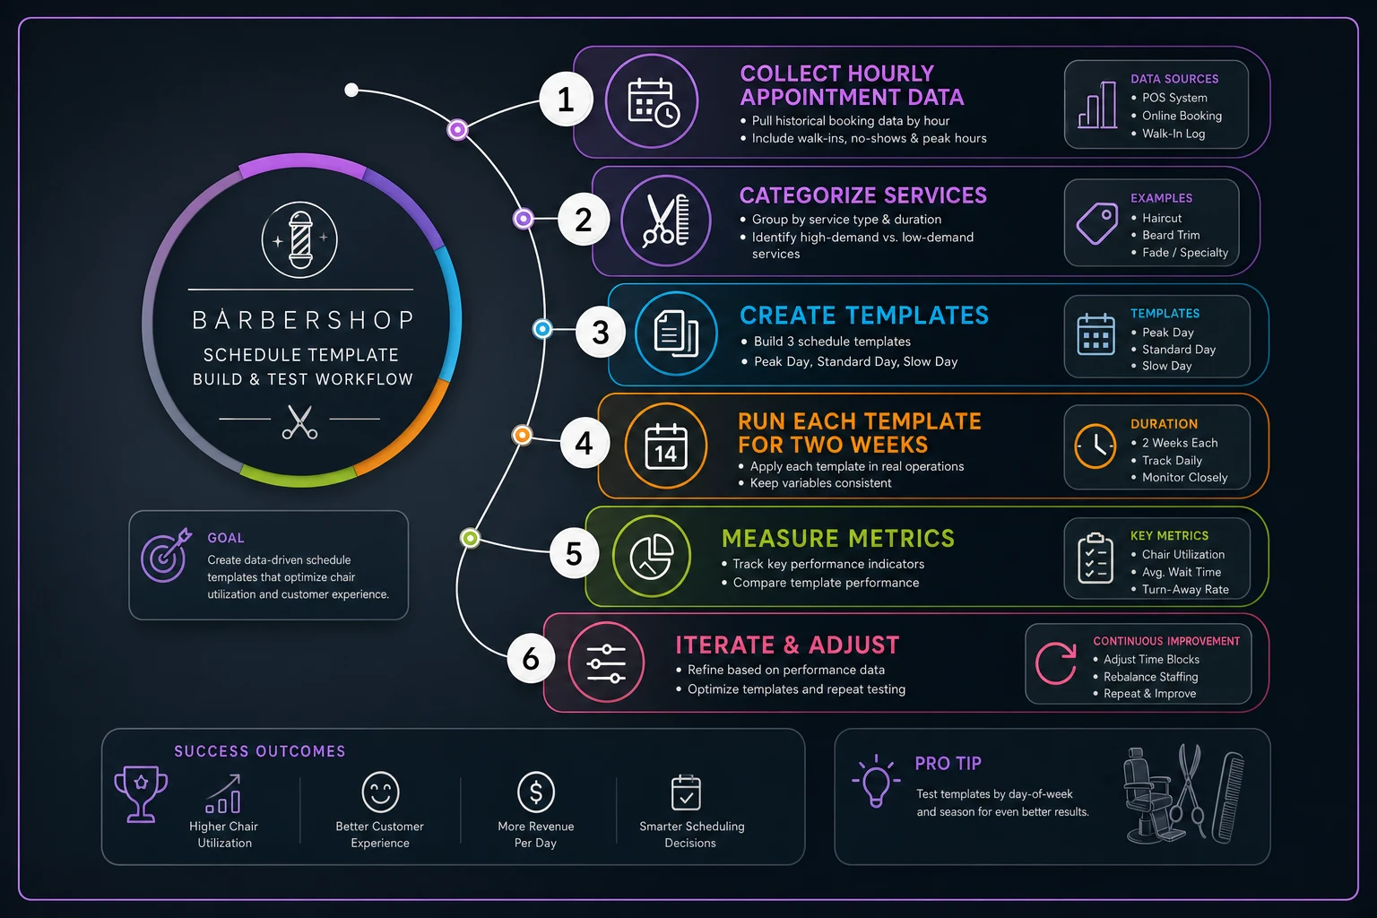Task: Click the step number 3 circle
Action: (601, 332)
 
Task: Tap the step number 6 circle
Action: (531, 659)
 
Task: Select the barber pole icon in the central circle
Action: (300, 239)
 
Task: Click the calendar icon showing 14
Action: (666, 446)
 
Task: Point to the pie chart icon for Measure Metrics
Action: (652, 557)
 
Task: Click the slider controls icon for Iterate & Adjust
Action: (606, 663)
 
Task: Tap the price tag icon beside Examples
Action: (1097, 223)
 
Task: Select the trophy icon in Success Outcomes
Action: (141, 793)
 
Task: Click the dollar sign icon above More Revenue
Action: (536, 792)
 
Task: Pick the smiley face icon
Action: (380, 792)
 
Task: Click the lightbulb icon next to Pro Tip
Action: (876, 781)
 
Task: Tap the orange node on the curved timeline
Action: (522, 436)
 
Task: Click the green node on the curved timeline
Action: (471, 539)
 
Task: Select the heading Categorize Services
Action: (863, 195)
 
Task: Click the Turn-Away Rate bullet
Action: (1180, 589)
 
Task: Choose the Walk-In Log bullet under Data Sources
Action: (1168, 134)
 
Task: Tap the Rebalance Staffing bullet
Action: (1146, 676)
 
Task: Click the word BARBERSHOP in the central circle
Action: (302, 320)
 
